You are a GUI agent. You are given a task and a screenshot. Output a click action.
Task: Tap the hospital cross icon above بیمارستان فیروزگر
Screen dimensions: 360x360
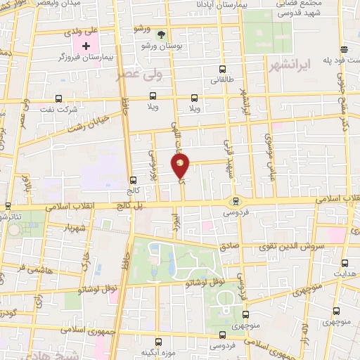86,46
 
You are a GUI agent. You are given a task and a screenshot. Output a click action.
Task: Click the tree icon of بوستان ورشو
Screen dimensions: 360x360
160,34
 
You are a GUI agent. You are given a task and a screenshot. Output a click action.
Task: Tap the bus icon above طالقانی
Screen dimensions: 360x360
223,69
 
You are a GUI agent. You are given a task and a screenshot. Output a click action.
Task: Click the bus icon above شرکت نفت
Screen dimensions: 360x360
58,98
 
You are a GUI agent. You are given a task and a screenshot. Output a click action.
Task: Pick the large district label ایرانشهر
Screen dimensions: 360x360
288,65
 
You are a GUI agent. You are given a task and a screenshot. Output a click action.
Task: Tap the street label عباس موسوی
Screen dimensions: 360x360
270,155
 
